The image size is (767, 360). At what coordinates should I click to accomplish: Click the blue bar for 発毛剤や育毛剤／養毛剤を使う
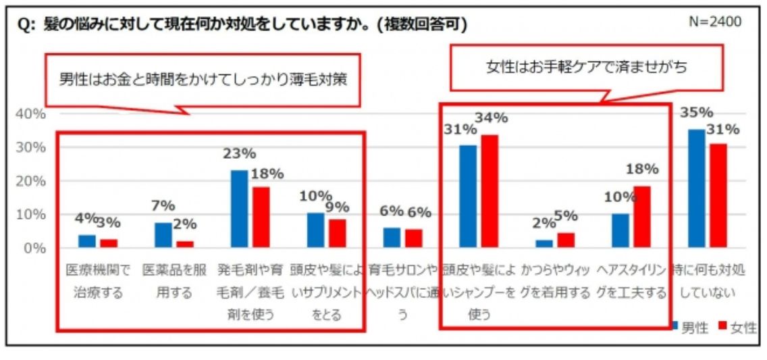click(x=239, y=209)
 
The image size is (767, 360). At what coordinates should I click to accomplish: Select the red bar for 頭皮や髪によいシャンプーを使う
click(x=490, y=191)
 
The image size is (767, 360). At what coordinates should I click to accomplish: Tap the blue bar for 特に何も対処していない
click(x=696, y=188)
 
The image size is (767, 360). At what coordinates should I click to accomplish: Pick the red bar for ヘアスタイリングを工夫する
click(x=642, y=217)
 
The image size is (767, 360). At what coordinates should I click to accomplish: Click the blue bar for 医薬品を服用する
click(x=163, y=235)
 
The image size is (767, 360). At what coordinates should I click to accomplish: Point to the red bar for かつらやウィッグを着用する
click(x=566, y=240)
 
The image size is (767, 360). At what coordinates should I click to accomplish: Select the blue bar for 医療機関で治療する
click(x=87, y=241)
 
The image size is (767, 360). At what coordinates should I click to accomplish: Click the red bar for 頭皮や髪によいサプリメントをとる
click(x=338, y=233)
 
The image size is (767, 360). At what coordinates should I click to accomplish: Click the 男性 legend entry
click(x=689, y=328)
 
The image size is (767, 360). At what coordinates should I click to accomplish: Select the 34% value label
click(x=491, y=118)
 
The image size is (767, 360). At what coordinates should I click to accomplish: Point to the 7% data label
click(x=163, y=205)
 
